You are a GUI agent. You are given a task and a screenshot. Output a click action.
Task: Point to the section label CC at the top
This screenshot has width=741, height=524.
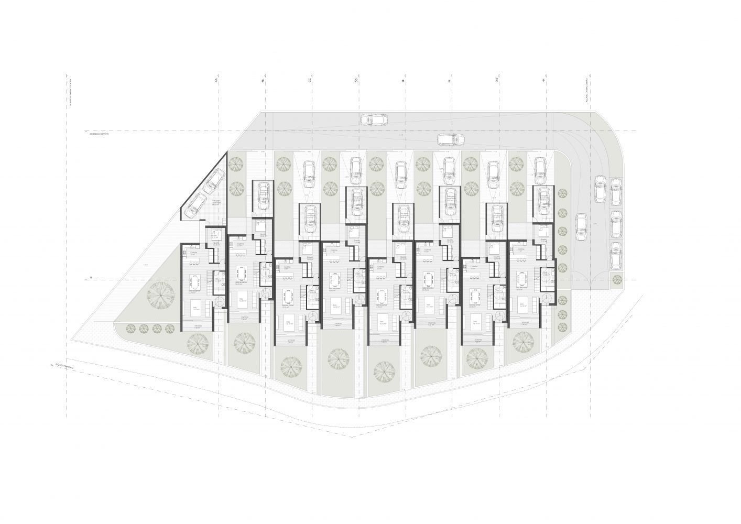[310, 81]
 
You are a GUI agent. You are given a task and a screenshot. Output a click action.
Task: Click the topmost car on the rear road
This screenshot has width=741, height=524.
[374, 120]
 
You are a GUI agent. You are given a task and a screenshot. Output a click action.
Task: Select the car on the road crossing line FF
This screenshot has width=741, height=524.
[451, 139]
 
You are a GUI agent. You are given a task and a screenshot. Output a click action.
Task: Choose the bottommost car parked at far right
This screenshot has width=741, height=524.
[617, 255]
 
